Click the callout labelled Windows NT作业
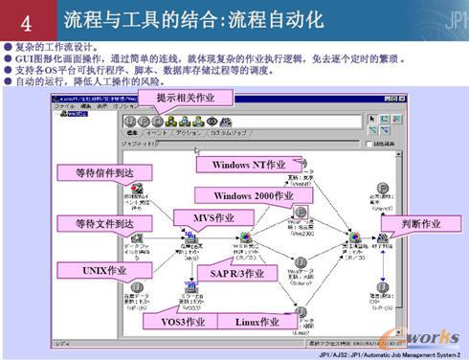click(244, 165)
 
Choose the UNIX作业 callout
click(103, 271)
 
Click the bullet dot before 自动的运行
click(8, 82)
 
